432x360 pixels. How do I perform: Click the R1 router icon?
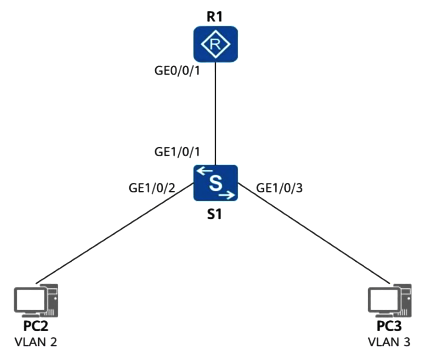[x=215, y=44]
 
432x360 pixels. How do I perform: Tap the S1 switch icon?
[x=215, y=183]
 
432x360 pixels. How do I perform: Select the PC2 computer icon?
[x=36, y=301]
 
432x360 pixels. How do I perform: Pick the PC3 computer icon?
[x=389, y=301]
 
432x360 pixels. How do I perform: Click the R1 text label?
[x=215, y=17]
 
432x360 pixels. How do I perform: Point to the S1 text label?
[x=215, y=214]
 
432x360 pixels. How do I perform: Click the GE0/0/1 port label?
[x=177, y=71]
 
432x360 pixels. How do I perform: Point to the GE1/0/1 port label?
[x=177, y=152]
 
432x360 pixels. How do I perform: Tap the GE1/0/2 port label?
[x=152, y=188]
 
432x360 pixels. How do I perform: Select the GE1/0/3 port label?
[x=280, y=188]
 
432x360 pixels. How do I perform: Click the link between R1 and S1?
[x=216, y=113]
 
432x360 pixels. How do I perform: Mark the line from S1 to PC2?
[x=114, y=233]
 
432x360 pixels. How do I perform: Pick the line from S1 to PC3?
[x=314, y=233]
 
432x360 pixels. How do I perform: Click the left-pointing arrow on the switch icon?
[x=204, y=170]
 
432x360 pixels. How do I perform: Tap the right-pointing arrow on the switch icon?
[x=227, y=195]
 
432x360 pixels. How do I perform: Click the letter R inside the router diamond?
[x=215, y=44]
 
